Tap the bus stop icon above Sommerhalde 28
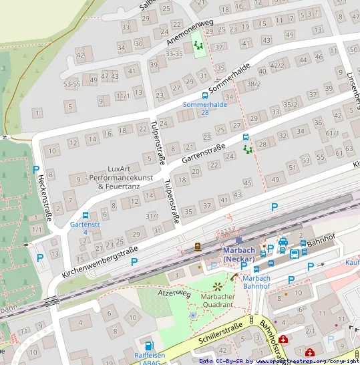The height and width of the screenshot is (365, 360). [205, 96]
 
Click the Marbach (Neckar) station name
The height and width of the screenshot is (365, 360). [238, 255]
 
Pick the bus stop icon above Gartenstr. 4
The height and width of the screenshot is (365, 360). [85, 215]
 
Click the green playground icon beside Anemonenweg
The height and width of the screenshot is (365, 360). [198, 45]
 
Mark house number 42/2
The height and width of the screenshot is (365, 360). [276, 67]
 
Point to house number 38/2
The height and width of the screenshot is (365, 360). [252, 84]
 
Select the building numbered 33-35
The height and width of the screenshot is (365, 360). [174, 53]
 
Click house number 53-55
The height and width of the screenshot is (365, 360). [72, 84]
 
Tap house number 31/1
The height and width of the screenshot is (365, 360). [152, 215]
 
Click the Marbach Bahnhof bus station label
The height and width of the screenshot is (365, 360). [256, 282]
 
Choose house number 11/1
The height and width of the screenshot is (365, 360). [123, 96]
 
